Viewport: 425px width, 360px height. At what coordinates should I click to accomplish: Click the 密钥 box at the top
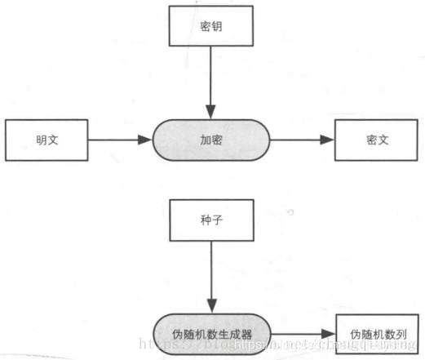[210, 26]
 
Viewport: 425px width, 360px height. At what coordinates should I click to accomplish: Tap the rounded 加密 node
[211, 140]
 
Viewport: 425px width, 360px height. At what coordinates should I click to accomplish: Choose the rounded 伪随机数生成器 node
[211, 334]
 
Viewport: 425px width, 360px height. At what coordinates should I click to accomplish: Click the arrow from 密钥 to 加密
[210, 82]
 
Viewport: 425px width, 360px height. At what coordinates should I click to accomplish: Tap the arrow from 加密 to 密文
[302, 140]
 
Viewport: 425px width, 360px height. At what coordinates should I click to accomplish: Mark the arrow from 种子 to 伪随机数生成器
[210, 278]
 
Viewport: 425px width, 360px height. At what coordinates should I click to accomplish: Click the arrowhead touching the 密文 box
[329, 140]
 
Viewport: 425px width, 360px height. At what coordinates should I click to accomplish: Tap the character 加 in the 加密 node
[205, 140]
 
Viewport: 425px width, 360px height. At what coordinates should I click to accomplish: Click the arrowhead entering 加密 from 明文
[147, 140]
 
